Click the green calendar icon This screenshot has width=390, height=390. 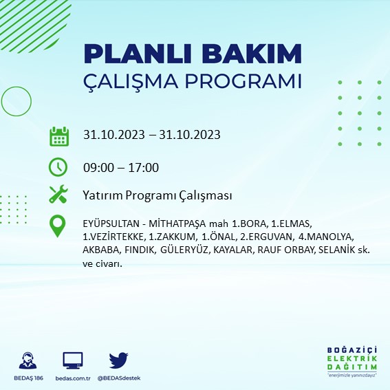(x=58, y=136)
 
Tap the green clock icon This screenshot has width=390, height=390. (x=58, y=166)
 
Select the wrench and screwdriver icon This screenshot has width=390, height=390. (x=58, y=195)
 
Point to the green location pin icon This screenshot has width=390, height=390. (x=58, y=226)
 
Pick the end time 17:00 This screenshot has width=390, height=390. (x=144, y=167)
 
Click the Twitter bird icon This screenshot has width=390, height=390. (x=118, y=360)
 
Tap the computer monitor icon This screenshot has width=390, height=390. (x=73, y=360)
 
